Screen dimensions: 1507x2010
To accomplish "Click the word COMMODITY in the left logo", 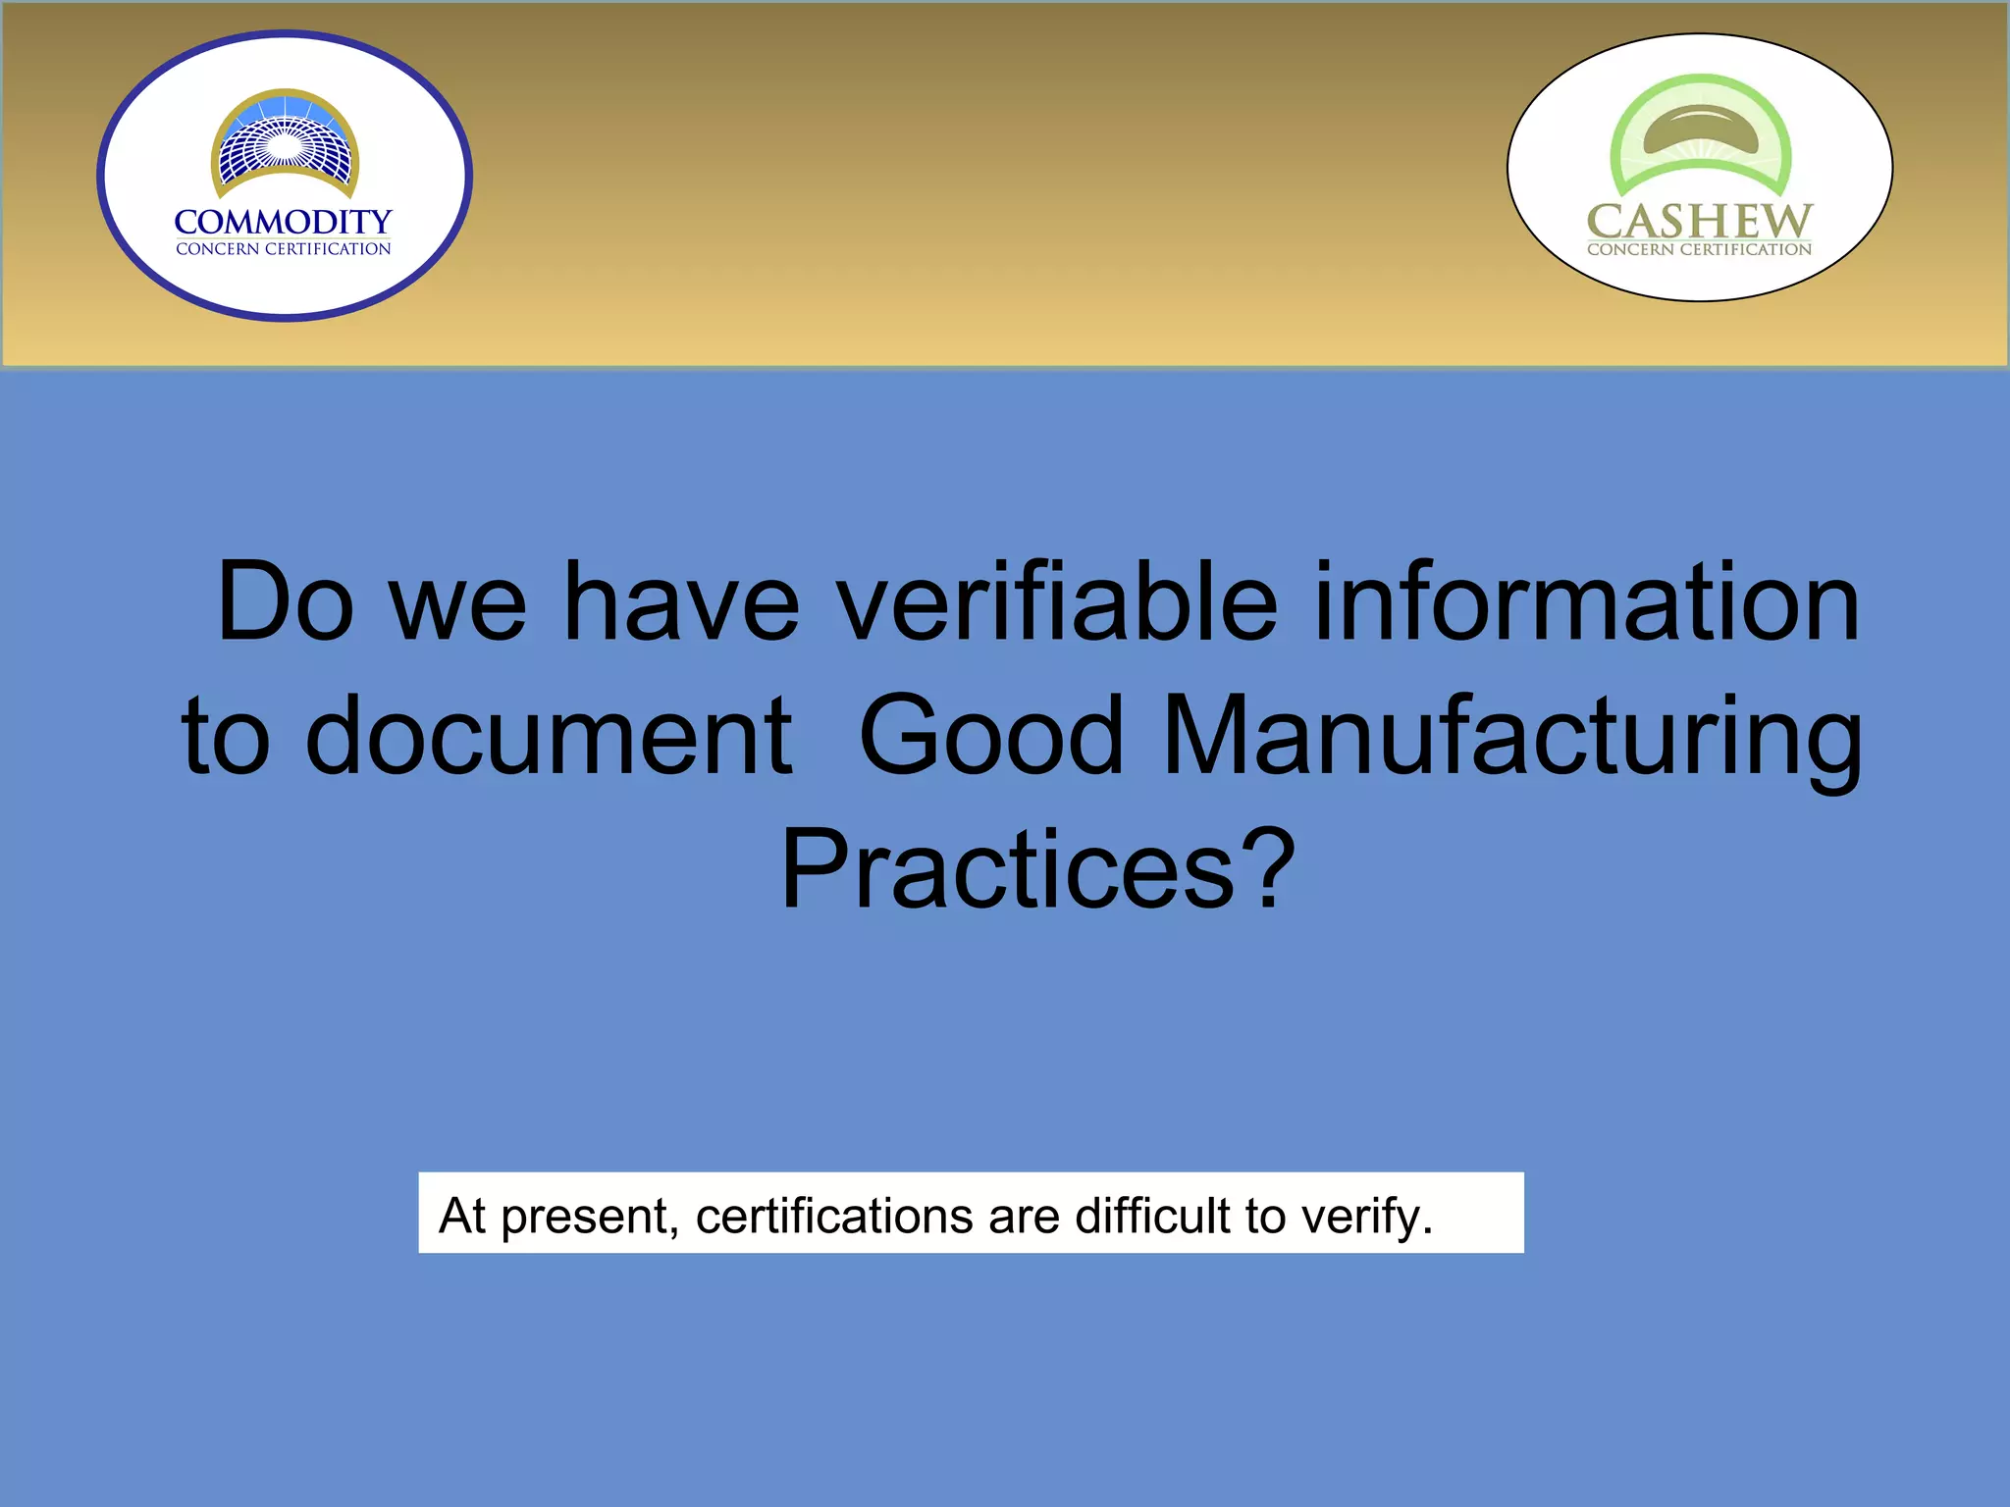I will pos(284,222).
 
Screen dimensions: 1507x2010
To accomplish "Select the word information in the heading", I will pos(1585,601).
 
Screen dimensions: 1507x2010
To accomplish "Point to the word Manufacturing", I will pos(1511,736).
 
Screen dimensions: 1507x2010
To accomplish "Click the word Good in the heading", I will pos(990,736).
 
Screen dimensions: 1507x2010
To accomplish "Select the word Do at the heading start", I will pos(285,601).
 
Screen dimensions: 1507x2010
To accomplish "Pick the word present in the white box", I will pos(585,1218).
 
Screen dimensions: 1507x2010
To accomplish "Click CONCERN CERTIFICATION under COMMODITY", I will pos(284,249).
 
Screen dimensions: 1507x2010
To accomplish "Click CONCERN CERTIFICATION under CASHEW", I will pos(1699,249).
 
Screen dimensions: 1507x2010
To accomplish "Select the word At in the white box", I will pos(462,1216).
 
